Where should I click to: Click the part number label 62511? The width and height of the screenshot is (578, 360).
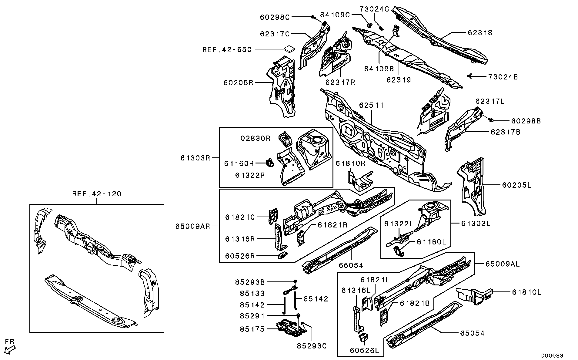pos(371,105)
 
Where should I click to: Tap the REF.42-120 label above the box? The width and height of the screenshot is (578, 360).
pos(97,194)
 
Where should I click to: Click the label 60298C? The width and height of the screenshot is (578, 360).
pos(275,17)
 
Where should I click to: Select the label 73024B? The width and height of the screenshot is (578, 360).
pos(503,77)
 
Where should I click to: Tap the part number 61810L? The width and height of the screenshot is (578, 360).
pos(526,292)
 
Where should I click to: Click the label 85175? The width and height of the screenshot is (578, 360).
pos(252,329)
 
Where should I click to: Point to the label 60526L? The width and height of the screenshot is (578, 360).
pos(364,351)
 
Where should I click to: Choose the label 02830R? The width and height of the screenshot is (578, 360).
pos(255,138)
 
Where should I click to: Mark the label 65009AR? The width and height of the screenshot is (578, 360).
pos(192,226)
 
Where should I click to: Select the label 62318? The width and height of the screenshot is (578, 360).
pos(480,32)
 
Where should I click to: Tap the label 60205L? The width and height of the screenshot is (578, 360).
pos(516,185)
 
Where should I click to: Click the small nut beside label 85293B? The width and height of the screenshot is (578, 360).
pos(295,282)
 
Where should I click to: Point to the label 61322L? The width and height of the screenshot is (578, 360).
pos(399,224)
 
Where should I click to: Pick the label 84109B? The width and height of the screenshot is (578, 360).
pos(379,69)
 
